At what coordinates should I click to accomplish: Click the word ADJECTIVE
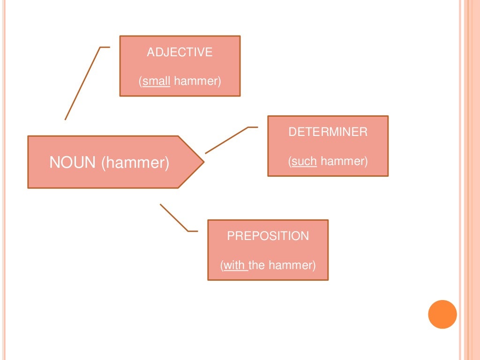pos(180,52)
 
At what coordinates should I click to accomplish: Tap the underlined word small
pos(156,81)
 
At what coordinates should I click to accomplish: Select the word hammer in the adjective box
pos(196,81)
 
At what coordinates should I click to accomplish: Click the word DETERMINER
pos(328,132)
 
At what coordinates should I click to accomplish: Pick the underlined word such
pos(304,161)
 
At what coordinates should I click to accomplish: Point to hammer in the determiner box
pos(343,161)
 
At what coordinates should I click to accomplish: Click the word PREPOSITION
pos(268,236)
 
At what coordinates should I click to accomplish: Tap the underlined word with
pos(234,265)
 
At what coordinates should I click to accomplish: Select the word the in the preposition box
pos(256,265)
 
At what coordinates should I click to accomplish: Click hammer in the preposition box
pos(291,265)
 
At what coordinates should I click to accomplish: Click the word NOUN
pos(73,162)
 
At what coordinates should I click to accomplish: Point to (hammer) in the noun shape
pos(135,163)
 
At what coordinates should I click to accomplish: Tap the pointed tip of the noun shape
pos(204,162)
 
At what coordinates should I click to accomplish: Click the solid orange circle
pos(442,315)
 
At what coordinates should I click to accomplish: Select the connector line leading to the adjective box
pos(82,83)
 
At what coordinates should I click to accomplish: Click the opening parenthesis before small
pos(141,82)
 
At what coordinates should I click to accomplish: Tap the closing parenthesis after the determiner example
pos(366,161)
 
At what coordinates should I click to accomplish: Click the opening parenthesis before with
pos(222,265)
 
